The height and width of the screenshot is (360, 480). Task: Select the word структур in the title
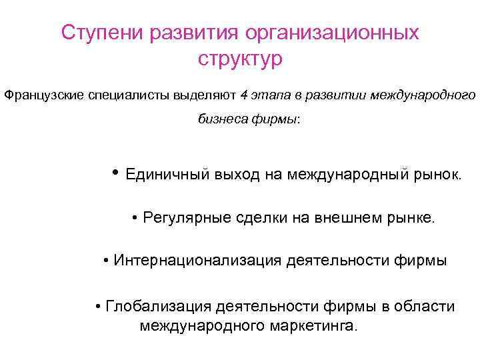(x=240, y=59)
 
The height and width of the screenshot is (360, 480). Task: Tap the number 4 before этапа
(x=244, y=95)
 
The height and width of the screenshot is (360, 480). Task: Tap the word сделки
(x=257, y=218)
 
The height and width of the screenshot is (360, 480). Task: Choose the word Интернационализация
(x=198, y=261)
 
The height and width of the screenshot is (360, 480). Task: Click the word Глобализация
(x=157, y=306)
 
